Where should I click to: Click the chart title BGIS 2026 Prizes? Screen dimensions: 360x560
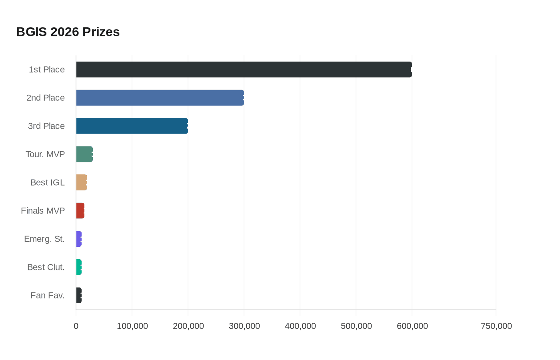[x=68, y=32]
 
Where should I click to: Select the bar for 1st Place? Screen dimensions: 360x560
[x=244, y=70]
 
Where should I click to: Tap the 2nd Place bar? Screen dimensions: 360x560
[x=160, y=98]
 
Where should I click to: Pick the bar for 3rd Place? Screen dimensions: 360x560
[x=132, y=126]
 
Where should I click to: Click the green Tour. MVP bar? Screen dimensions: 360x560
[x=84, y=154]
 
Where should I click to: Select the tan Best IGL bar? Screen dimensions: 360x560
[x=82, y=182]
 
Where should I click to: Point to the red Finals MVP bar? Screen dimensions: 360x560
[x=80, y=211]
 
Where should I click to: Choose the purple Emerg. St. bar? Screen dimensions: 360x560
[x=79, y=239]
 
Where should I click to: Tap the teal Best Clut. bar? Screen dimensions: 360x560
[x=79, y=267]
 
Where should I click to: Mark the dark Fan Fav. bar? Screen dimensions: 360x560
[x=79, y=296]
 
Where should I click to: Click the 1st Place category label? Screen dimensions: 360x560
[x=46, y=70]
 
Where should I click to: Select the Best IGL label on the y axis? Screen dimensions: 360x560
[x=47, y=182]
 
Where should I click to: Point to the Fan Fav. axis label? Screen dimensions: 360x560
[x=47, y=296]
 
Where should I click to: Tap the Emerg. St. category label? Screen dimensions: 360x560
[x=44, y=239]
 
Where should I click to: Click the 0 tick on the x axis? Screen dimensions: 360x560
[x=76, y=326]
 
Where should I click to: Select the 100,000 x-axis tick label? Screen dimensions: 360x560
[x=132, y=326]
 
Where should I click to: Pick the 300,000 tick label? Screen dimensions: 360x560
[x=244, y=326]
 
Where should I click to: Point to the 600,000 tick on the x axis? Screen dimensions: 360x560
[x=412, y=326]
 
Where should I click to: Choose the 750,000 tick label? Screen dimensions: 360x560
[x=496, y=326]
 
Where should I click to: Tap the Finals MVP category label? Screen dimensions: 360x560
[x=43, y=211]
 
